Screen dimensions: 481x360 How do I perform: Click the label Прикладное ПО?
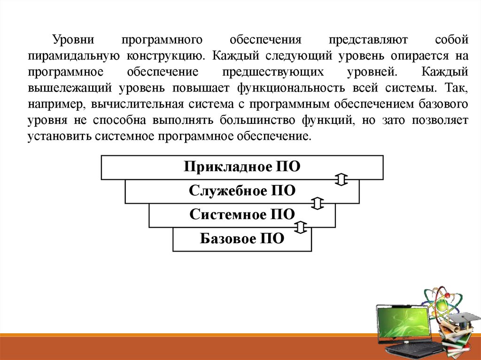coord(242,167)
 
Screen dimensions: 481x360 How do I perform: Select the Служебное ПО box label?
coord(242,191)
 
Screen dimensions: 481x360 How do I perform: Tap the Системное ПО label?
coord(242,214)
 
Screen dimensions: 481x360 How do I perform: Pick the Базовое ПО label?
coord(242,238)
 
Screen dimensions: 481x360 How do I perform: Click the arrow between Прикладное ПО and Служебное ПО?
coord(341,179)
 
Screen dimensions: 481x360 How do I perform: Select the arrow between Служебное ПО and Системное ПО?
coord(318,203)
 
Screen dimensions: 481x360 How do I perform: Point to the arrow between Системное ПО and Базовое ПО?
coord(300,228)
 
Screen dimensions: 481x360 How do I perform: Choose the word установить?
coord(59,136)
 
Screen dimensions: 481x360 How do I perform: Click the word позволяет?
coord(440,120)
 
